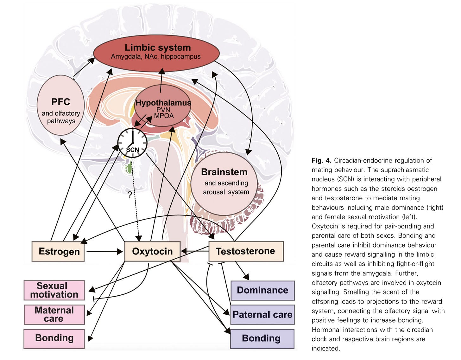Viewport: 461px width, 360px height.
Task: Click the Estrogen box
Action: click(58, 251)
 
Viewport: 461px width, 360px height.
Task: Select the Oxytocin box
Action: click(152, 251)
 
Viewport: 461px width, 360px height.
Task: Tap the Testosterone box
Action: click(246, 251)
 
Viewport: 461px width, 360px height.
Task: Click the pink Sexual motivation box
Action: click(54, 290)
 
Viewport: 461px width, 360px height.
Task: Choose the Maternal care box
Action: click(54, 314)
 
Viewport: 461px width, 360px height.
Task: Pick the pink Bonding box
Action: click(54, 338)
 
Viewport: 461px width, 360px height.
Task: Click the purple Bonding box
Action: click(262, 338)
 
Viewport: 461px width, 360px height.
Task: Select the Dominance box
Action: click(262, 290)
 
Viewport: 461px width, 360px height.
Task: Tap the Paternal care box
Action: click(262, 315)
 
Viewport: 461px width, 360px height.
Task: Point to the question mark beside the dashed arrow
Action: click(130, 195)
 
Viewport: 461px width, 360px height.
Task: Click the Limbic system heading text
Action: click(158, 48)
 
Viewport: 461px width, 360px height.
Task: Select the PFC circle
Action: click(60, 105)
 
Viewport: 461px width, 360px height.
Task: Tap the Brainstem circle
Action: click(224, 183)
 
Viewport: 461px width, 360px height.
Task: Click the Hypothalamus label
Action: click(163, 103)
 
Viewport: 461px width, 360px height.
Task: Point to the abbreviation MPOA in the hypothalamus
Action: click(164, 116)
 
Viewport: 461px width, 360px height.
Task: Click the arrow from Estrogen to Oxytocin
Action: click(104, 252)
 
